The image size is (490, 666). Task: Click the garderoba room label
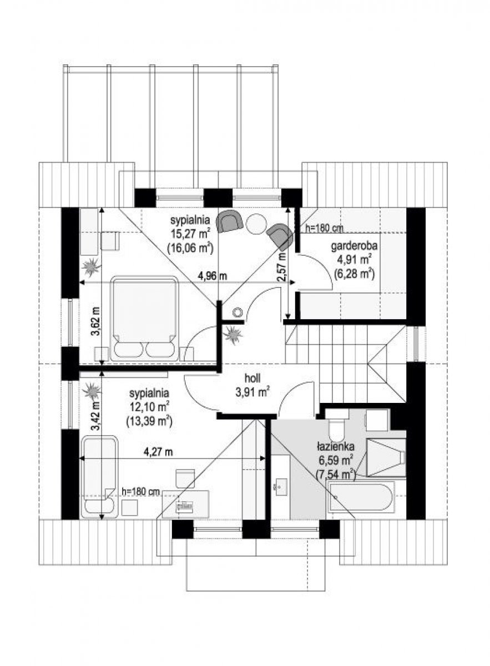click(354, 246)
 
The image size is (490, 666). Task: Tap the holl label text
click(252, 379)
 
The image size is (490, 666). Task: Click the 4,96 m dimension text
click(213, 276)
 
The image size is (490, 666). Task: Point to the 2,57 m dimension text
click(282, 266)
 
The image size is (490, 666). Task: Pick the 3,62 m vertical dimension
click(96, 321)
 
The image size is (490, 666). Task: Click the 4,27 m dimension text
click(158, 461)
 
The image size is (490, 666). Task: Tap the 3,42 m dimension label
click(96, 416)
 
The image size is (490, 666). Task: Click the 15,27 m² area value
click(190, 234)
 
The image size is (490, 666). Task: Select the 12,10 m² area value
click(149, 406)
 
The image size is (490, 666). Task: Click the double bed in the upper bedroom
click(144, 319)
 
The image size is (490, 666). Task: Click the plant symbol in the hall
click(233, 335)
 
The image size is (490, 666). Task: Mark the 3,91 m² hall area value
click(252, 393)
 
